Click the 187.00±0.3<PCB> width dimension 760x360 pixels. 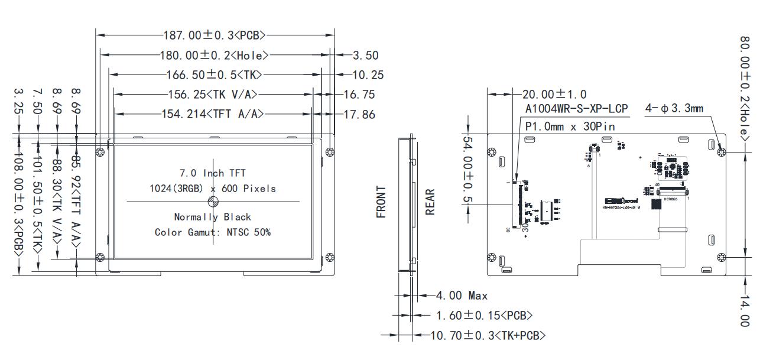pos(215,35)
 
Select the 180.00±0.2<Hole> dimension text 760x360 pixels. pos(214,55)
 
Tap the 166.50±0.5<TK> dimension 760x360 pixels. pos(213,74)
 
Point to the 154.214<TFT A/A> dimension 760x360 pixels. pos(212,114)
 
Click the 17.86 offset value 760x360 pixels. pos(359,114)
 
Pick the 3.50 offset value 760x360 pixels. pos(365,56)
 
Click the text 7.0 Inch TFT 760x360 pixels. pos(212,173)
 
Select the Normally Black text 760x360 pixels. pos(212,217)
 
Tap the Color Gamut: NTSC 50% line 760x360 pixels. pos(212,232)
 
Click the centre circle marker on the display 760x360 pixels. pos(213,202)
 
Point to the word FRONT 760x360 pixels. pos(382,202)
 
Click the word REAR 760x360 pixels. pos(430,202)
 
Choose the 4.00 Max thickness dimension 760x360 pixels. pos(462,295)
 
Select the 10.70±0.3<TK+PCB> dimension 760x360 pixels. pos(488,335)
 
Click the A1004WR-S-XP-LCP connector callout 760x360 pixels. pos(576,109)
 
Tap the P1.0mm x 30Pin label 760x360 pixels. pos(570,126)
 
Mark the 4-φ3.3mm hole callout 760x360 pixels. pos(674,109)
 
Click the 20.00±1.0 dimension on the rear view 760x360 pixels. pos(554,94)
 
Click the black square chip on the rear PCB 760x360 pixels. pos(656,205)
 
